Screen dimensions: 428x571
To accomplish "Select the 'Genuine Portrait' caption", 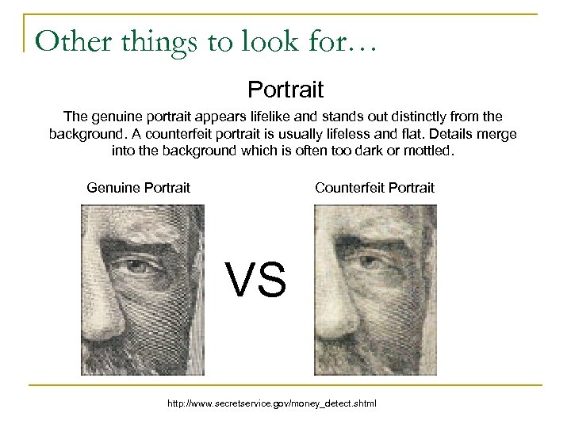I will coord(138,188).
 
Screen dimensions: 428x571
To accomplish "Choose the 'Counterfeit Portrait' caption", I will coord(374,188).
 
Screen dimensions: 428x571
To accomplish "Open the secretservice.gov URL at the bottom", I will coord(272,404).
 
